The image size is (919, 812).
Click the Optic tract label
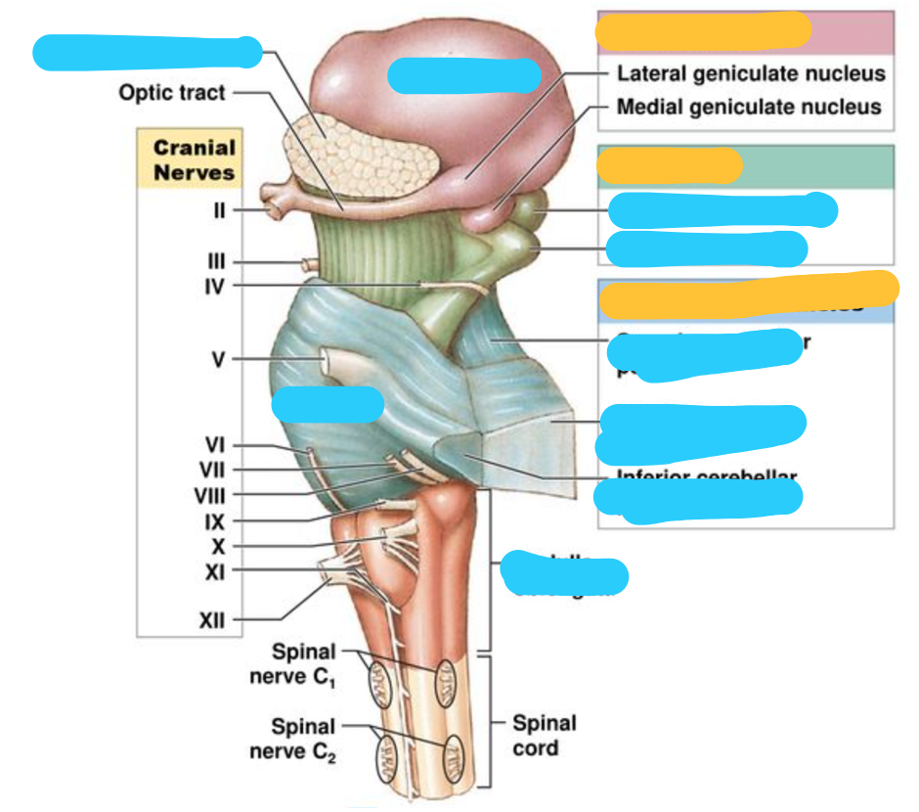pos(172,93)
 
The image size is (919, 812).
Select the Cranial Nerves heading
pos(194,160)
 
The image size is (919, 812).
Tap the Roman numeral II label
pos(219,210)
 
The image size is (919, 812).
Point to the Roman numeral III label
pos(217,262)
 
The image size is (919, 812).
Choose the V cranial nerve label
pos(218,360)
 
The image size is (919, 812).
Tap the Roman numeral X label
pos(218,546)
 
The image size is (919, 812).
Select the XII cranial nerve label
pos(213,619)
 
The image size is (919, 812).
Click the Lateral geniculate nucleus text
pos(751,74)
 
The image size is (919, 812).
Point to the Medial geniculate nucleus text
pos(749,107)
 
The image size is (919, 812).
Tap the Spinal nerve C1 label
pos(303,663)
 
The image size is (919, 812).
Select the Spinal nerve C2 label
pos(303,739)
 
